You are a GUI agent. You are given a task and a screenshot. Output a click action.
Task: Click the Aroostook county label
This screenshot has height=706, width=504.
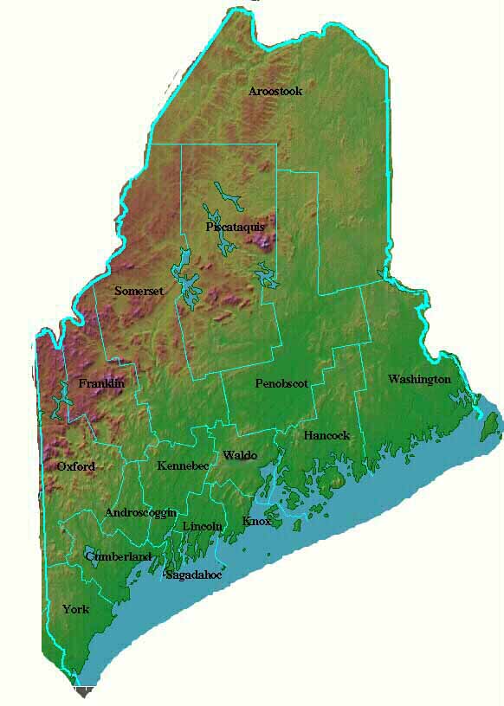click(275, 91)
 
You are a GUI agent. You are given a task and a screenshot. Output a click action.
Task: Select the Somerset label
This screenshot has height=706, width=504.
click(139, 292)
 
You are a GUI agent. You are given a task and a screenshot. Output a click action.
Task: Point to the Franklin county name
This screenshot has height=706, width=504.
click(101, 383)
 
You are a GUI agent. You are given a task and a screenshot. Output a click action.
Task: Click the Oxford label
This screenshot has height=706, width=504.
click(76, 466)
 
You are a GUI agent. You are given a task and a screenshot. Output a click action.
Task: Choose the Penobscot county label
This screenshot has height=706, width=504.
click(281, 383)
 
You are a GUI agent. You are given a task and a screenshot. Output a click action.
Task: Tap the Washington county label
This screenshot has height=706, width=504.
click(419, 379)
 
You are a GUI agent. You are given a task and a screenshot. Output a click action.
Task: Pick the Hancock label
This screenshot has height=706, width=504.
click(326, 435)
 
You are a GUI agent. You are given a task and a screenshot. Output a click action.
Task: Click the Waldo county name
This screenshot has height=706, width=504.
click(240, 454)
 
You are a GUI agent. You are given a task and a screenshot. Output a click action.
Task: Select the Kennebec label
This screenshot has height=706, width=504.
click(183, 465)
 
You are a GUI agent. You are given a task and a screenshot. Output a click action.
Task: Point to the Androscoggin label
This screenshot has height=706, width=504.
click(140, 512)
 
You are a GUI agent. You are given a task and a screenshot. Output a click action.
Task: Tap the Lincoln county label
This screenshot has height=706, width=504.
click(203, 525)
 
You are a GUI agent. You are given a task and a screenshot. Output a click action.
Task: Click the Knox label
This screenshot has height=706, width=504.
click(257, 521)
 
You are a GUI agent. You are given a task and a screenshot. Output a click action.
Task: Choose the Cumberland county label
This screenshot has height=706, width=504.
click(119, 556)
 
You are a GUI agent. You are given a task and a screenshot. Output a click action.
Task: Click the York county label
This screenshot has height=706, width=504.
click(75, 609)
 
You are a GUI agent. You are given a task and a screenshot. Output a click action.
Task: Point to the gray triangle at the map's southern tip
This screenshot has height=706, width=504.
click(83, 691)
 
